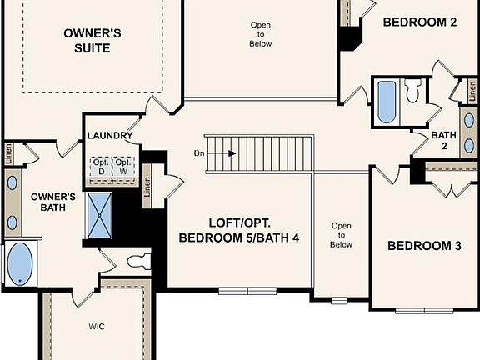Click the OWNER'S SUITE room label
(x=92, y=41)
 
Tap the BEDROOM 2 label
(x=419, y=22)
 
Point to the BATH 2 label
(x=442, y=140)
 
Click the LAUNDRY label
(x=109, y=136)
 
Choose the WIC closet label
(x=97, y=327)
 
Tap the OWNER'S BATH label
(x=53, y=202)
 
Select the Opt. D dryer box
(x=100, y=166)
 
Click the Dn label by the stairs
(x=198, y=152)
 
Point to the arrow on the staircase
(x=226, y=152)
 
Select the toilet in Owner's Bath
(x=138, y=260)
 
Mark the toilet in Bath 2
(x=413, y=90)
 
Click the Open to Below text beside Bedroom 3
(x=341, y=235)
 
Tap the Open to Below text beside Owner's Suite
(x=261, y=34)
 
